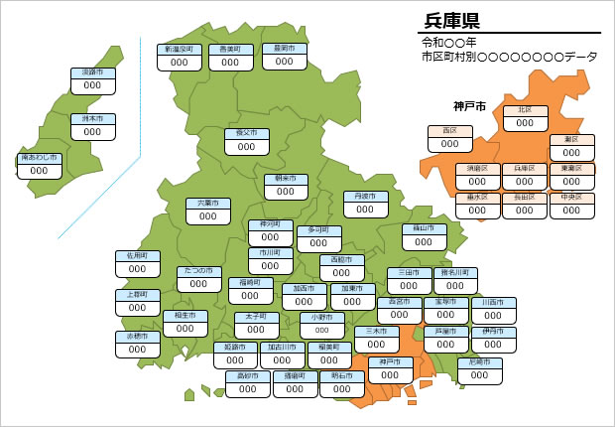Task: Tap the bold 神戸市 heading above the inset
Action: tap(468, 106)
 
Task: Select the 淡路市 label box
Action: tap(92, 79)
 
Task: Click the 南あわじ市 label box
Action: tap(40, 165)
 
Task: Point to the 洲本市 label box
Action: tap(92, 125)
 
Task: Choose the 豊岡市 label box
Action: tap(284, 56)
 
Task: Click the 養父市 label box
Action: tap(246, 140)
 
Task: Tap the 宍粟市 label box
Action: tap(208, 210)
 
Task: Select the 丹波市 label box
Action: tap(365, 204)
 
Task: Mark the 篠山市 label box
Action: tap(424, 235)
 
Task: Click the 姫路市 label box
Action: tap(235, 355)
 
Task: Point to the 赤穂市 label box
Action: tap(137, 344)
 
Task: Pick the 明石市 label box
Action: tap(341, 383)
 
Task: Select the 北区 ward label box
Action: tap(525, 117)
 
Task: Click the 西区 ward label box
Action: tap(449, 137)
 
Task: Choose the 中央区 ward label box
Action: tap(571, 204)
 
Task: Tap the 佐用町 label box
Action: tap(137, 262)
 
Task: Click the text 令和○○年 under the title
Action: tap(449, 43)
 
